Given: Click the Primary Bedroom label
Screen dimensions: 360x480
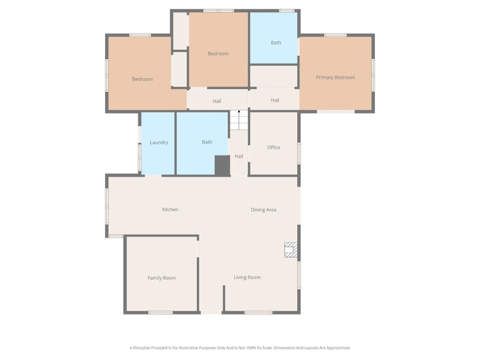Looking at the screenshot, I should click(x=335, y=77).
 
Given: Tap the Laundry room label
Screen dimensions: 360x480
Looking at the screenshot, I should click(x=159, y=142).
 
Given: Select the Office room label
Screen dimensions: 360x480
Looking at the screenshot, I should click(x=274, y=147).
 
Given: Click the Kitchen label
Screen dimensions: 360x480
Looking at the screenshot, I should click(x=170, y=209).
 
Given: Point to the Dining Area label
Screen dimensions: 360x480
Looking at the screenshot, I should click(x=263, y=209).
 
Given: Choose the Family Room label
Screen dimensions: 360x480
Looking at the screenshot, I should click(x=161, y=278).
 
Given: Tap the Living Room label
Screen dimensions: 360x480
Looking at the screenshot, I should click(x=247, y=277).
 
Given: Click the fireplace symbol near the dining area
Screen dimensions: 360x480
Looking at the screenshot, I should click(x=291, y=250).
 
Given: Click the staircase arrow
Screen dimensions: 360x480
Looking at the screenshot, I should click(x=239, y=112).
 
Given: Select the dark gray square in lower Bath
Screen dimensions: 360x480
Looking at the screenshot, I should click(x=222, y=166).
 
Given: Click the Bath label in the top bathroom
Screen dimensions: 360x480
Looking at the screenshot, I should click(x=275, y=43).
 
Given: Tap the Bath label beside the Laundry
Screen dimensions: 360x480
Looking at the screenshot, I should click(x=207, y=142).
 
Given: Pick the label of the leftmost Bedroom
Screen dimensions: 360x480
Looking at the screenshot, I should click(x=142, y=79).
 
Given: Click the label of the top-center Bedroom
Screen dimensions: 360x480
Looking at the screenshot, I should click(x=218, y=53).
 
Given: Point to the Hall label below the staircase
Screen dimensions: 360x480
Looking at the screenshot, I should click(x=239, y=156).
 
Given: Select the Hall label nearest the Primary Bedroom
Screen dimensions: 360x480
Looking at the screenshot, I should click(x=275, y=100).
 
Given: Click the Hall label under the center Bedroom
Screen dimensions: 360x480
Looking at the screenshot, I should click(x=217, y=101).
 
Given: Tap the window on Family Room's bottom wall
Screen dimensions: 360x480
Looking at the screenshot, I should click(x=161, y=312).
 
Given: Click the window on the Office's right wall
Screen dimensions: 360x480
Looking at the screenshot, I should click(x=299, y=152).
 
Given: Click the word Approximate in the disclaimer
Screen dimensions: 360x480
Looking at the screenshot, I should click(x=337, y=347).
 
